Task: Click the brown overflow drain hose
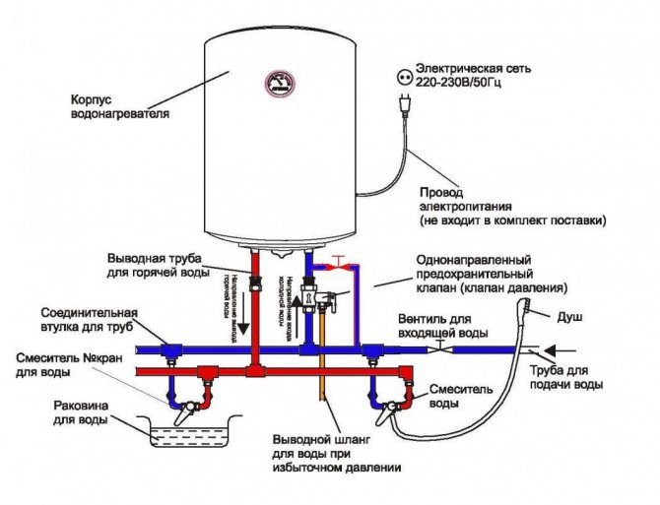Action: pyautogui.click(x=320, y=394)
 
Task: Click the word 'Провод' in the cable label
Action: pyautogui.click(x=441, y=193)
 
